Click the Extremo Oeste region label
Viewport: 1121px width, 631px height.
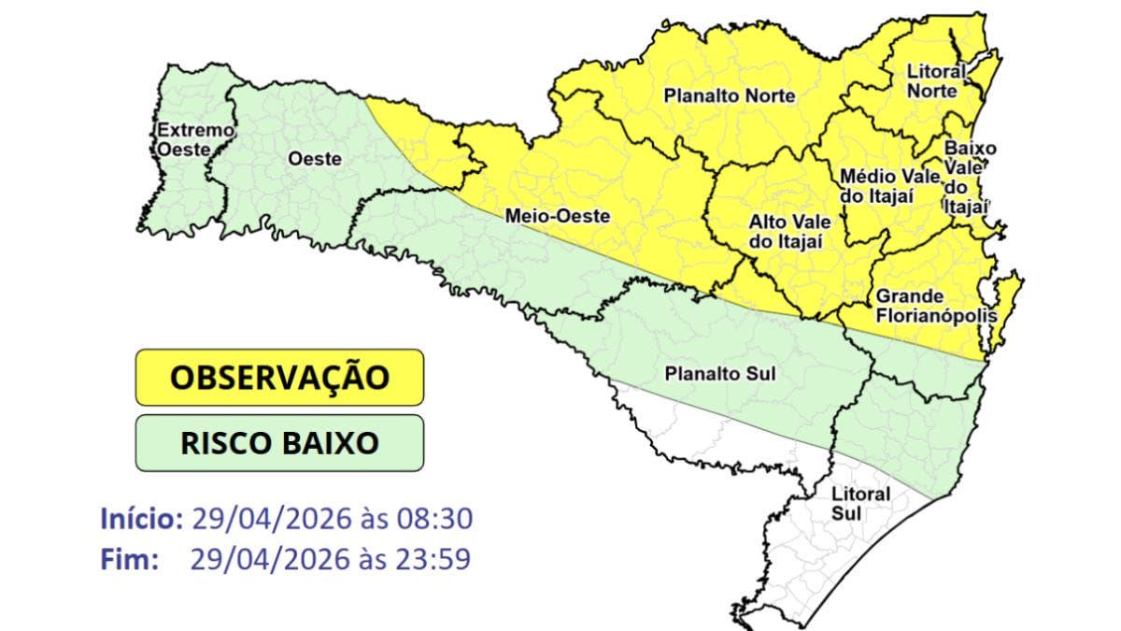coord(193,139)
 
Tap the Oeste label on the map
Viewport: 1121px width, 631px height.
coord(314,159)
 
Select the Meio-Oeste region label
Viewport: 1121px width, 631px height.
coord(557,216)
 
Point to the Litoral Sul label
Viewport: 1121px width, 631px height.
coord(859,503)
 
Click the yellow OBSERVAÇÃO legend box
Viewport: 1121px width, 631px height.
coord(279,378)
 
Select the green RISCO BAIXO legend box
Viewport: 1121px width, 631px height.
coord(279,442)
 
